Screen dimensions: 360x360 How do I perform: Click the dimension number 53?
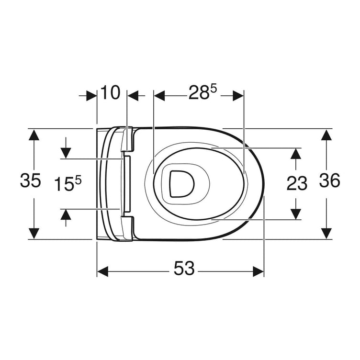[184, 268]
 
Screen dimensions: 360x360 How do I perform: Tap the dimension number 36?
[330, 180]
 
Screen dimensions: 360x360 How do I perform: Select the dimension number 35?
[31, 180]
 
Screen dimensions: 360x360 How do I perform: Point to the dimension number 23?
[297, 183]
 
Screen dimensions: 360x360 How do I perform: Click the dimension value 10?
[111, 92]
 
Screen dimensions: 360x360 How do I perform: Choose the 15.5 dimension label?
[68, 183]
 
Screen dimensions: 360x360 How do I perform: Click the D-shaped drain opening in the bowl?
[182, 184]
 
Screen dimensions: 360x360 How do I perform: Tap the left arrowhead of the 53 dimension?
[102, 271]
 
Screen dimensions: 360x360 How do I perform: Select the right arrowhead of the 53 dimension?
[259, 271]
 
